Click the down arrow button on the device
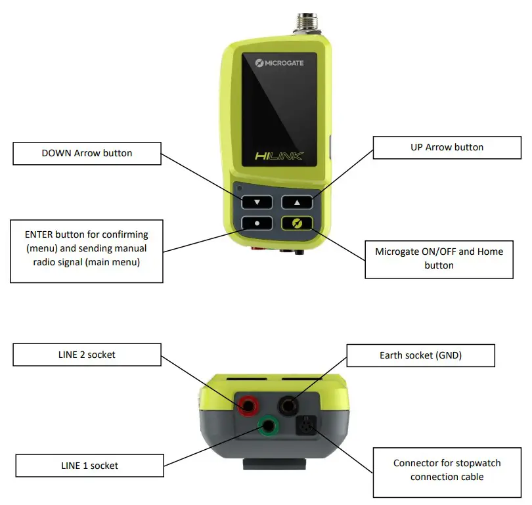coord(257,202)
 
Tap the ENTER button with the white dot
coord(257,223)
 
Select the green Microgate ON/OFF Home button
coord(298,223)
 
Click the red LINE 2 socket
coord(248,405)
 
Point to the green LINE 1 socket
coord(268,428)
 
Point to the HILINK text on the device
coord(277,156)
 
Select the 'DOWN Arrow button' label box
coord(87,154)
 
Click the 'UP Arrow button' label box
coord(447,147)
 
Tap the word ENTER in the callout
coord(39,234)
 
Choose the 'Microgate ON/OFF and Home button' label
coord(439,258)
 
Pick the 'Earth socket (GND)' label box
coord(420,355)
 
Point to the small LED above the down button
coord(239,188)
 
